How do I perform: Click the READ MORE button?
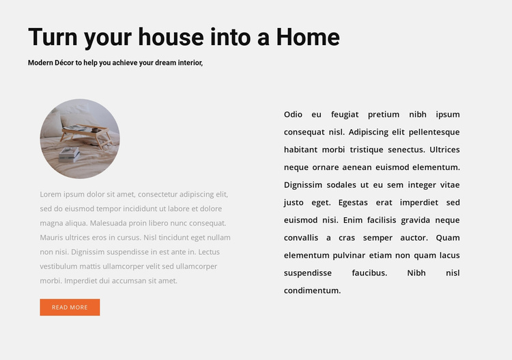[x=70, y=307]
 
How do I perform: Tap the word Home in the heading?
[x=308, y=37]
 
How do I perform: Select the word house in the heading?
[x=171, y=37]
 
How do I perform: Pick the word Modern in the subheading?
[x=41, y=63]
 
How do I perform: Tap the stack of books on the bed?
[x=69, y=153]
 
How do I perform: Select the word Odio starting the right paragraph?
[x=293, y=115]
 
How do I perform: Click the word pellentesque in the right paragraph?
[x=433, y=132]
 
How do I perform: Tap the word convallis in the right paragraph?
[x=301, y=238]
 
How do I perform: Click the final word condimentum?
[x=312, y=290]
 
